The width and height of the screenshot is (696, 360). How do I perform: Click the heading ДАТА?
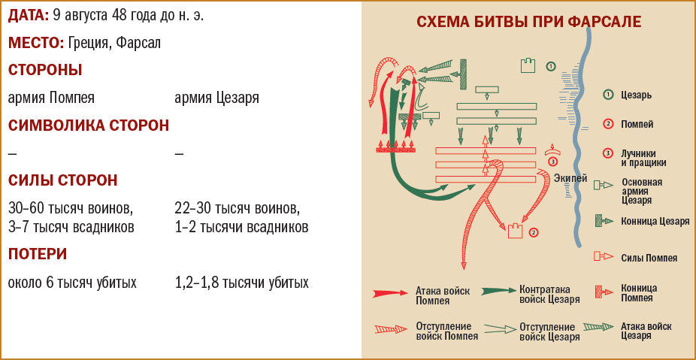29,15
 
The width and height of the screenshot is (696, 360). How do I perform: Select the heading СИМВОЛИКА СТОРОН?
89,126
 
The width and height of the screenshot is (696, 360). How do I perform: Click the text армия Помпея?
51,98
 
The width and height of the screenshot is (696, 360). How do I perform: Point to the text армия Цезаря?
216,98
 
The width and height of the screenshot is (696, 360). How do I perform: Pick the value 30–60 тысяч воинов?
70,207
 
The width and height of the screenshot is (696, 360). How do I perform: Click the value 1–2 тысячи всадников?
241,226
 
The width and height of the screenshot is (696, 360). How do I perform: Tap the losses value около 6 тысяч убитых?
72,283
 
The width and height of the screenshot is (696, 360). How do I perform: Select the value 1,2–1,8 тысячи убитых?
241,283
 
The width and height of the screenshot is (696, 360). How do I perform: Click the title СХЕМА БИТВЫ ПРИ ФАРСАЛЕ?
528,22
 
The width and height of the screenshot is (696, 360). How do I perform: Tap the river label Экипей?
570,178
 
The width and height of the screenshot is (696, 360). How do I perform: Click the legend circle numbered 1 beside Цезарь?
607,95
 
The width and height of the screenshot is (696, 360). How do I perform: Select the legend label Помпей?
638,124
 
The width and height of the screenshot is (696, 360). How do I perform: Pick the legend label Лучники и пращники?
643,157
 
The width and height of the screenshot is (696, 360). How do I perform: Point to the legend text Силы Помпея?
649,258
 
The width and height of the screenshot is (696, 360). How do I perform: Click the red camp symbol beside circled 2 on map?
516,231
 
